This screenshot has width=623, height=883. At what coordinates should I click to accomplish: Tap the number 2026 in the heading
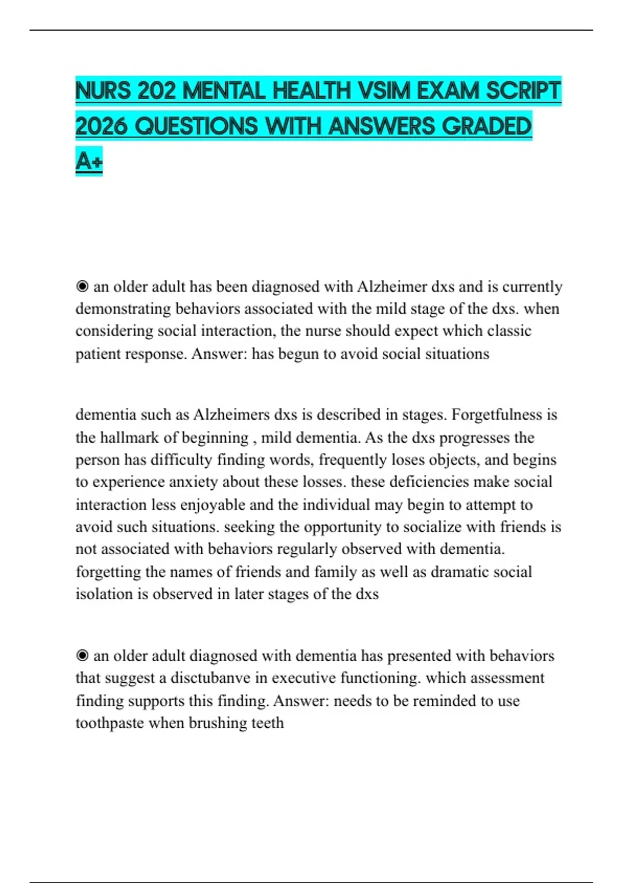(x=101, y=126)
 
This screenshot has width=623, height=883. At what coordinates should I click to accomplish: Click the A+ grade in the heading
(x=89, y=162)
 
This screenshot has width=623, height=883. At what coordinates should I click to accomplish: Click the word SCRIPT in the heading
(x=523, y=91)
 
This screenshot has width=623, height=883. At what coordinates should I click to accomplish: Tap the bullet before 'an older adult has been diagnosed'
(x=82, y=287)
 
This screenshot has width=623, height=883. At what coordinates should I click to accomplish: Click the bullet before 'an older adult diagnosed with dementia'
(x=82, y=656)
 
